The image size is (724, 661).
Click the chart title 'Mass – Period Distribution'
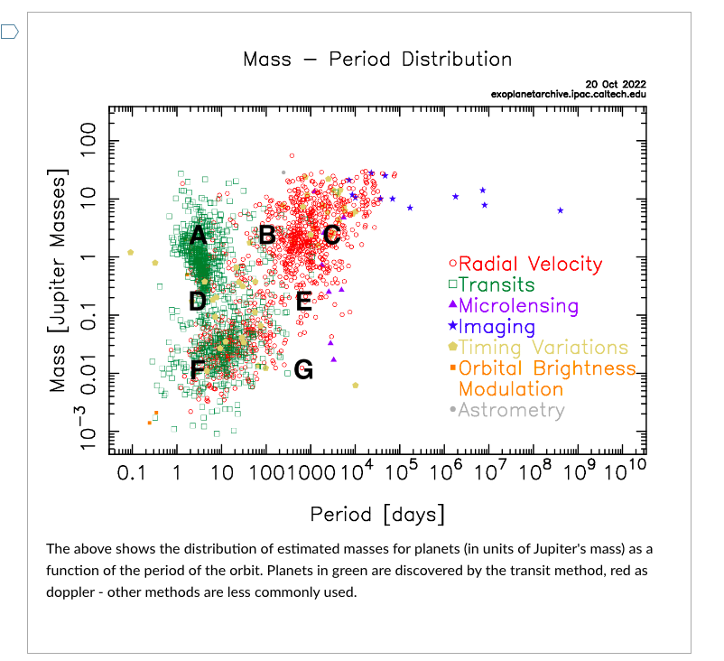377,60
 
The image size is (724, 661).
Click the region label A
199,236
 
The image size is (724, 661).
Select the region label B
267,235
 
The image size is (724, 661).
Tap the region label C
331,236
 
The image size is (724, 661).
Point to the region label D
199,301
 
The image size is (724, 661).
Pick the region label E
304,301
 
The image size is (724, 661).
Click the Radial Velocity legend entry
530,264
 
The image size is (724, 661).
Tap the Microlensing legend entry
518,305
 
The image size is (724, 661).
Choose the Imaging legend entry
497,326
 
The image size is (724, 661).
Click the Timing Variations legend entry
543,347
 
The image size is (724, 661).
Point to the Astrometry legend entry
511,410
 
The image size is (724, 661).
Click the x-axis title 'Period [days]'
377,515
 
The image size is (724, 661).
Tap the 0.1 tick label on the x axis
132,473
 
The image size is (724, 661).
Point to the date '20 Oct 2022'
616,83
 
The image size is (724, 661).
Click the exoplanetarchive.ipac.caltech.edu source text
569,93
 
